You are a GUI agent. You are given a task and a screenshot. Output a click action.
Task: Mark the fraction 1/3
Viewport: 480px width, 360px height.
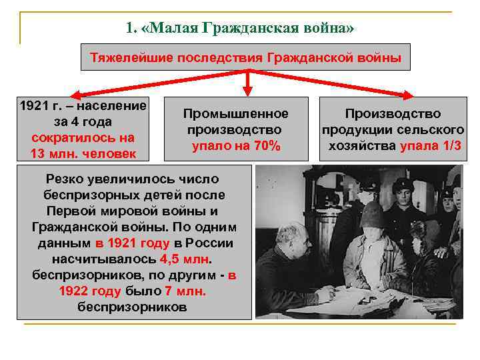pos(453,145)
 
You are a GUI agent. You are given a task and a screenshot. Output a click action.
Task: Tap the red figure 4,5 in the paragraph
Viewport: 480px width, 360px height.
pos(171,259)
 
